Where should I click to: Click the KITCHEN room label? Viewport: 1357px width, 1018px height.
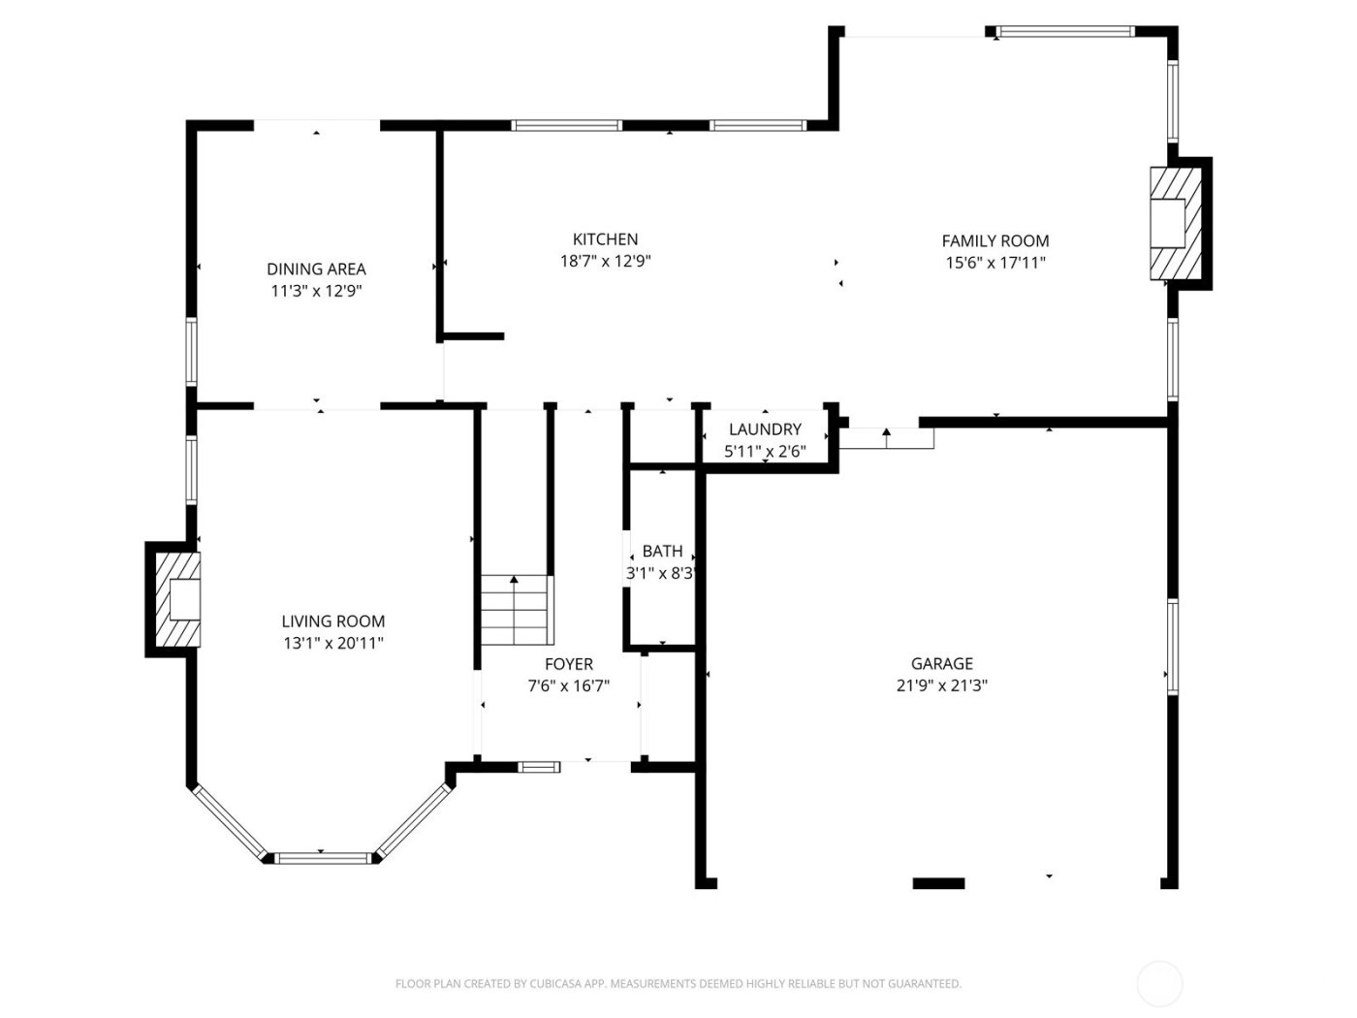click(x=605, y=239)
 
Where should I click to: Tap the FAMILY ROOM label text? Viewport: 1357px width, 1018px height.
click(x=995, y=241)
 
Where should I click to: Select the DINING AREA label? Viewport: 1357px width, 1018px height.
click(x=316, y=270)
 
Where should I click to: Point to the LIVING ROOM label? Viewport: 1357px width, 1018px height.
click(x=332, y=621)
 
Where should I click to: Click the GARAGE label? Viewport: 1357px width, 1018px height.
click(x=941, y=664)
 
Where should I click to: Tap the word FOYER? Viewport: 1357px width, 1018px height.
click(x=568, y=665)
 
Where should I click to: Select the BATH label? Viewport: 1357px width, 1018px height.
click(x=662, y=552)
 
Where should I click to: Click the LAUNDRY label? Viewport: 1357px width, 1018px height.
click(x=765, y=429)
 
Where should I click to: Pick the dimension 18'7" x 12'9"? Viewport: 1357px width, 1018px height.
click(x=605, y=261)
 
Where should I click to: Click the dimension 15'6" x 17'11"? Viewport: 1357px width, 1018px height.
click(x=995, y=263)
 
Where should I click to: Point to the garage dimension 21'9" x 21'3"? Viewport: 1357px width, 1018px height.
click(x=941, y=685)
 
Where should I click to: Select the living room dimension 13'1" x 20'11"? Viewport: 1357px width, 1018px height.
click(x=332, y=643)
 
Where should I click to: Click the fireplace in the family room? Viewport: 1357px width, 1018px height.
click(x=1175, y=224)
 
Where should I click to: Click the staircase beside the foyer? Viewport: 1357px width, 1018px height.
click(x=517, y=611)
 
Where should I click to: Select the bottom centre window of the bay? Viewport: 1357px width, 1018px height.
click(x=323, y=857)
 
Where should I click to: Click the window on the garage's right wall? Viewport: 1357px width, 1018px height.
click(x=1172, y=647)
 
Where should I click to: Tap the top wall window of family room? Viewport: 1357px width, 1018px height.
click(x=1065, y=32)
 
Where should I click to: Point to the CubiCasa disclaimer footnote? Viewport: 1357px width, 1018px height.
click(x=678, y=984)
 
